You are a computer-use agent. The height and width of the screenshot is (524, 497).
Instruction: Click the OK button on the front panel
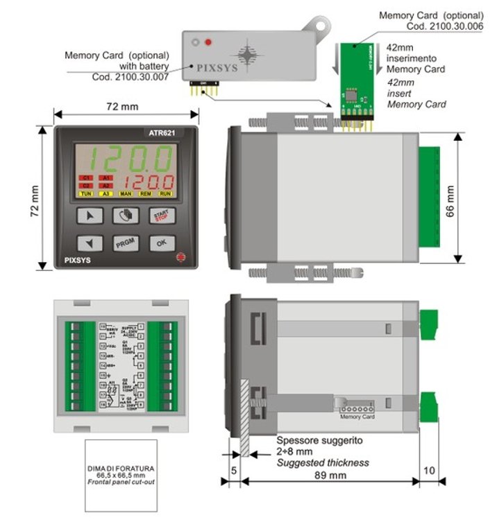(161, 243)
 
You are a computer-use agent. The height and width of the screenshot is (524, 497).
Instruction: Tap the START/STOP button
(161, 216)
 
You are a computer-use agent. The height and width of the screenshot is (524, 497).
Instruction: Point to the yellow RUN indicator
(167, 194)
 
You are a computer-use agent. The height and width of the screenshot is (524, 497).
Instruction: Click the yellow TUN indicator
(86, 194)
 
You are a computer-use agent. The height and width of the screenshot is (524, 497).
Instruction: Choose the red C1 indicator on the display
(86, 178)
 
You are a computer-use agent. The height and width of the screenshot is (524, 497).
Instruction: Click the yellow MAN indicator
(126, 194)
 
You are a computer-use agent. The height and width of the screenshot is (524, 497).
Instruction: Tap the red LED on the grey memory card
(208, 43)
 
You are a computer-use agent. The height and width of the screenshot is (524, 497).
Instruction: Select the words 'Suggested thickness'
(323, 462)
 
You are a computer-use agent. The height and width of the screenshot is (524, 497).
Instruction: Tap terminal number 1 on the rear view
(141, 326)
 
